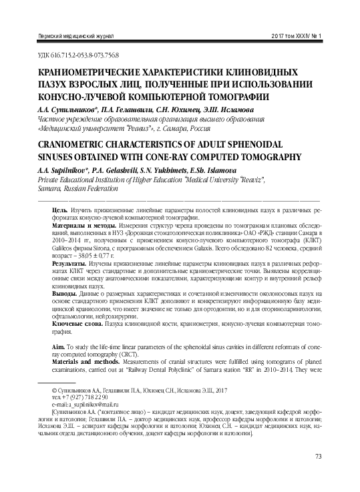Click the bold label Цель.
point(59,210)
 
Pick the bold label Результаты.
point(70,265)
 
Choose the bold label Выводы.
point(65,294)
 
